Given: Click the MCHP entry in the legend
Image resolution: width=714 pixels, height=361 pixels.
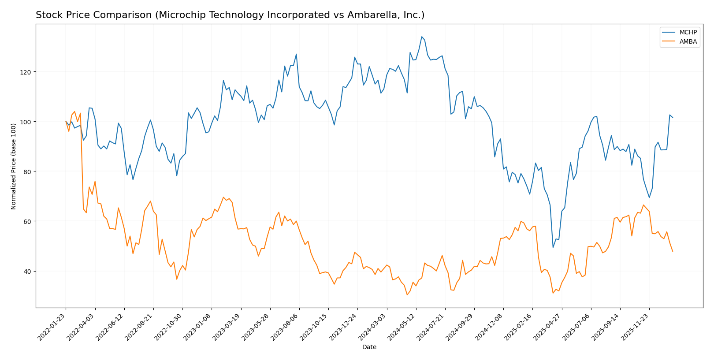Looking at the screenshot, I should tap(688, 33).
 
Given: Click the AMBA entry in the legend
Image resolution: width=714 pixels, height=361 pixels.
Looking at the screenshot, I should tap(688, 42).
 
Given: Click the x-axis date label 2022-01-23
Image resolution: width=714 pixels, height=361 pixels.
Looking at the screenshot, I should tap(52, 327).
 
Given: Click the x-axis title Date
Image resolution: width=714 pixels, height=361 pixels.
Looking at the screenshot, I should tap(369, 347).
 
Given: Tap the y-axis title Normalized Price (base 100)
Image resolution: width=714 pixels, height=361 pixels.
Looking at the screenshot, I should tap(14, 166).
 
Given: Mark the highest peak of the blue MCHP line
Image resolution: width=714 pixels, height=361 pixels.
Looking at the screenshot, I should tap(422, 37).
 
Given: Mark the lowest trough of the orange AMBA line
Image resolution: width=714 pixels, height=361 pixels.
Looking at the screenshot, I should tap(407, 294).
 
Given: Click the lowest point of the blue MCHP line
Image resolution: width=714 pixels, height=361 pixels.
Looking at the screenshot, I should tap(553, 247).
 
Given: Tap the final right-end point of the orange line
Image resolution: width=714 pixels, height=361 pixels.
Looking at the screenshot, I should tap(673, 251).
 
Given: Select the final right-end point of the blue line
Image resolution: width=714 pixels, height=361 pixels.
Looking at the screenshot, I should tap(673, 118).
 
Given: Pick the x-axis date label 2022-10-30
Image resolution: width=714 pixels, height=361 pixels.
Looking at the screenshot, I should tap(169, 327).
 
